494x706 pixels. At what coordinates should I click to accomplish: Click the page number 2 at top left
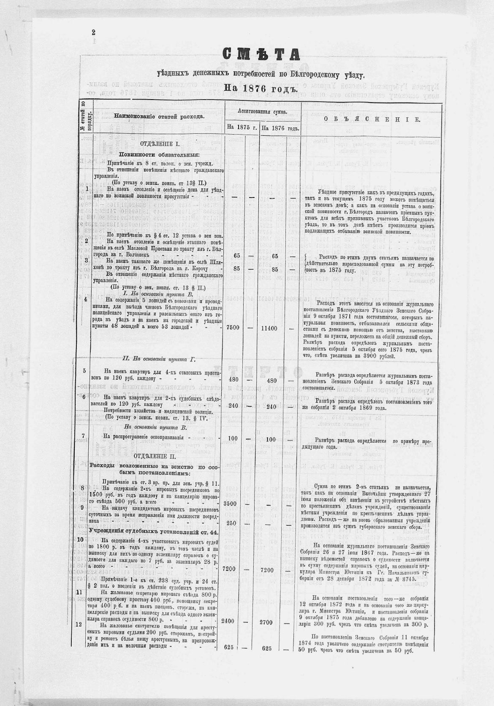click(x=93, y=32)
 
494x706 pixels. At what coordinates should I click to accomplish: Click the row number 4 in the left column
click(x=86, y=300)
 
